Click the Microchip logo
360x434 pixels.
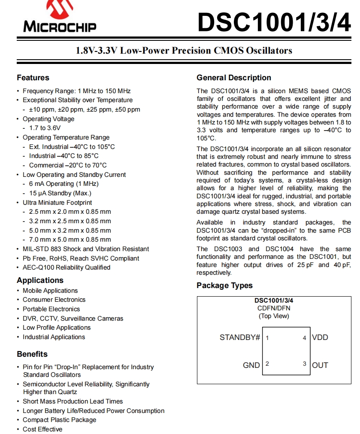click(60, 17)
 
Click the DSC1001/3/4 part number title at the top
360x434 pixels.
click(274, 22)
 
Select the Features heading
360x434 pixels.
click(33, 78)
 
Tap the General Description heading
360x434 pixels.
click(234, 78)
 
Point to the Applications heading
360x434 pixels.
click(40, 280)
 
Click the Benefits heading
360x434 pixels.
click(32, 354)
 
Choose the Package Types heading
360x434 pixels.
click(224, 285)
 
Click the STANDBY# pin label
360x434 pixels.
click(240, 337)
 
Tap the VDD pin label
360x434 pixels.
click(320, 337)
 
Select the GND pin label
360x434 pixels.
click(251, 365)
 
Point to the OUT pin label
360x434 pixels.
click(320, 365)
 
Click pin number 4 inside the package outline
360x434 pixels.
click(304, 338)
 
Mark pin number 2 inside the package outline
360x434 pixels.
click(267, 364)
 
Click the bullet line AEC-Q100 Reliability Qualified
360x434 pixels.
click(67, 267)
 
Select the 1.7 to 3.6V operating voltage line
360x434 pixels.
click(45, 128)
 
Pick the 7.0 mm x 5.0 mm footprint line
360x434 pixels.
click(70, 240)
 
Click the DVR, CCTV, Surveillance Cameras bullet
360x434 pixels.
click(73, 319)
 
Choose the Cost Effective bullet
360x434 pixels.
click(42, 429)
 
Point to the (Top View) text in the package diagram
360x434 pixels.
click(274, 316)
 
